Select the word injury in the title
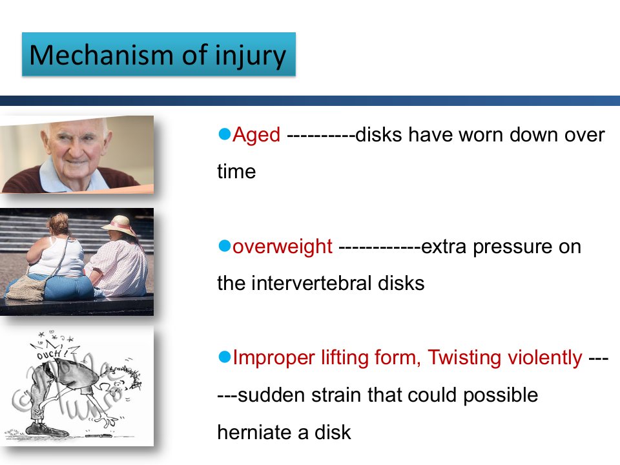tap(251, 56)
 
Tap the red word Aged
tap(256, 134)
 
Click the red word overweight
tap(282, 247)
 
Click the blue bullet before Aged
tap(224, 134)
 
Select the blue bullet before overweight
tap(224, 245)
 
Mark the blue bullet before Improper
tap(224, 356)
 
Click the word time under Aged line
tap(236, 172)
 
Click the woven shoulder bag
tap(26, 288)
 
